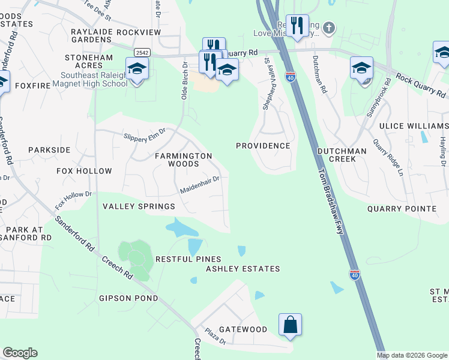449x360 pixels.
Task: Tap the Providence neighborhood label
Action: (263, 146)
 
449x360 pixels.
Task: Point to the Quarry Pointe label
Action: (402, 208)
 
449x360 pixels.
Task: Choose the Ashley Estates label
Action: (243, 269)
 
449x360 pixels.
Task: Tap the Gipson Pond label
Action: (128, 298)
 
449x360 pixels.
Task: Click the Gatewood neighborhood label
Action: (243, 329)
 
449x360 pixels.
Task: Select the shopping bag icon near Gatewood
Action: (291, 325)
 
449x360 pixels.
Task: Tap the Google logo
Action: (20, 353)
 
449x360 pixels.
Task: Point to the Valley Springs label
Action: (139, 206)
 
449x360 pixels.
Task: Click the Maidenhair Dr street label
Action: (201, 185)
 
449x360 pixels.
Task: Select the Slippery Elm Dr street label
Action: (144, 135)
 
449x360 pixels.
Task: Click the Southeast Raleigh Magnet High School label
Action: (94, 79)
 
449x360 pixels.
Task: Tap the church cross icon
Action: (328, 28)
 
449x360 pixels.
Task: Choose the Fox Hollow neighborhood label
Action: (84, 171)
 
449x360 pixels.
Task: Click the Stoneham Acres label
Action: (89, 58)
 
